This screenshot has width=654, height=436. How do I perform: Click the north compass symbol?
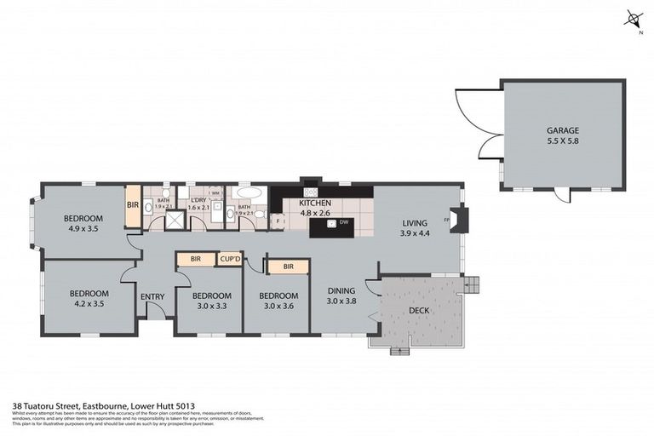click(x=632, y=19)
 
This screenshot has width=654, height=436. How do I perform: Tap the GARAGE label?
click(x=562, y=130)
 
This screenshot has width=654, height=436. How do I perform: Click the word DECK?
click(x=418, y=311)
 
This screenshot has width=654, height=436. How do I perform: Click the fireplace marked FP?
click(x=457, y=221)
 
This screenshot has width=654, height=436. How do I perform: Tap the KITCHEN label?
click(x=314, y=204)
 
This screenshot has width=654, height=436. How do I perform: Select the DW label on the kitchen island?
click(x=344, y=222)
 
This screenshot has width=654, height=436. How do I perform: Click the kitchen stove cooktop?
click(x=311, y=181)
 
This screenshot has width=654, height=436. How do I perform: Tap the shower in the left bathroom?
click(x=175, y=221)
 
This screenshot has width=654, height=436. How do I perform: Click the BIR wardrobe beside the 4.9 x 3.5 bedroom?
click(x=133, y=206)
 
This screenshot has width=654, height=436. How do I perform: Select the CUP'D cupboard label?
click(x=229, y=259)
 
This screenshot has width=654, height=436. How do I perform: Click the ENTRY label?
click(x=152, y=296)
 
